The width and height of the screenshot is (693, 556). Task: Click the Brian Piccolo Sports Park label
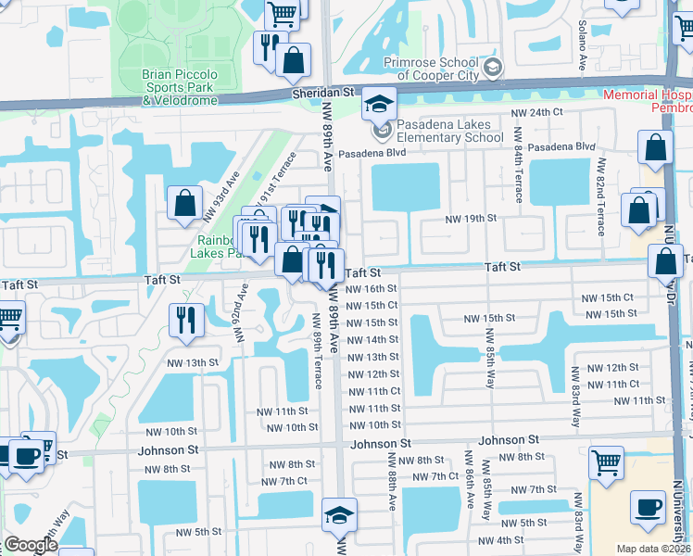[x=180, y=86]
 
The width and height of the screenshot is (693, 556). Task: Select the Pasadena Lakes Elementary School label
[x=451, y=132]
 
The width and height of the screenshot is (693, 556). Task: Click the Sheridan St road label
[x=324, y=93]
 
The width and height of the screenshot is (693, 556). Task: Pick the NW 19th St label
[x=471, y=219]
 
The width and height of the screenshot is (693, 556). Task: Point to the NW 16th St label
[x=372, y=288]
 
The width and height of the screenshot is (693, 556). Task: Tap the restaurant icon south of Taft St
[x=186, y=320]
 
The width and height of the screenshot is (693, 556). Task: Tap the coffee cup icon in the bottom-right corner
[x=648, y=507]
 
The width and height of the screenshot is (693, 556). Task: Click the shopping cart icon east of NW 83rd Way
[x=606, y=461]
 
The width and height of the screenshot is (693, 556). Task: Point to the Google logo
[x=31, y=545]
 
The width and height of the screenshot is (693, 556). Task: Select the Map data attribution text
[x=653, y=549]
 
